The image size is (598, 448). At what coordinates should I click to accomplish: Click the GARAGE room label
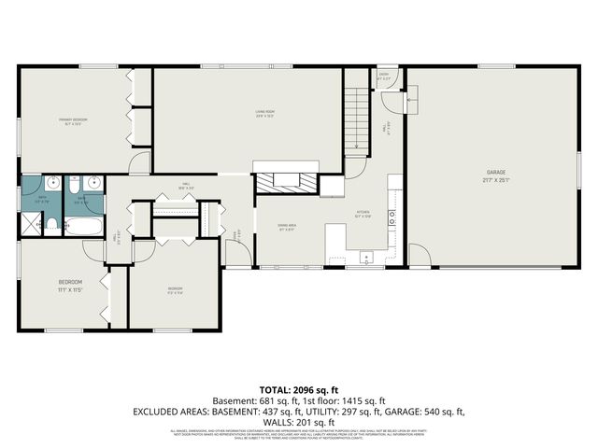click(494, 173)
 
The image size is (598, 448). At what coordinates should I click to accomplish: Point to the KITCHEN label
click(363, 212)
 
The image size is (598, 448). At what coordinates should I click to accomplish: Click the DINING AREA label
click(287, 226)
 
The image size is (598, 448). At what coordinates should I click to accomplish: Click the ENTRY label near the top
click(383, 74)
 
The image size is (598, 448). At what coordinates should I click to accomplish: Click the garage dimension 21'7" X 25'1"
click(494, 181)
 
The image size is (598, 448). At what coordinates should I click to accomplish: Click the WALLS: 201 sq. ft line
click(299, 421)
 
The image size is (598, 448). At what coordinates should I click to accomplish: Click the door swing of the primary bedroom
click(139, 164)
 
